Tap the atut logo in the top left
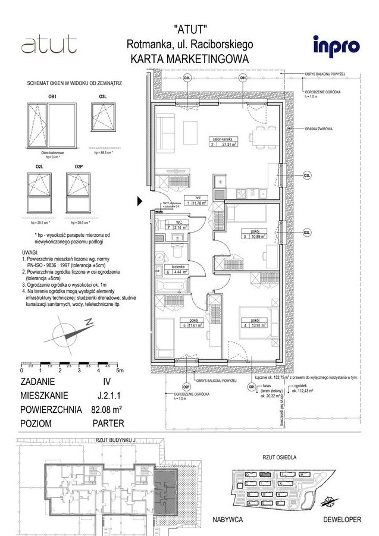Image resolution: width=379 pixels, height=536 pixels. tap(48, 45)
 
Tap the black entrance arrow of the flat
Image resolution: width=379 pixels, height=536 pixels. tap(140, 201)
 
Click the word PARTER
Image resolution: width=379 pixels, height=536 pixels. tap(108, 424)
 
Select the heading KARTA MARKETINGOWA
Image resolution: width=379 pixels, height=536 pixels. tap(189, 59)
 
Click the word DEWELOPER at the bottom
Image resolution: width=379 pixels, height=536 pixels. tap(342, 519)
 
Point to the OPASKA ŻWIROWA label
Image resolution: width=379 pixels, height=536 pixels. tap(318, 128)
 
